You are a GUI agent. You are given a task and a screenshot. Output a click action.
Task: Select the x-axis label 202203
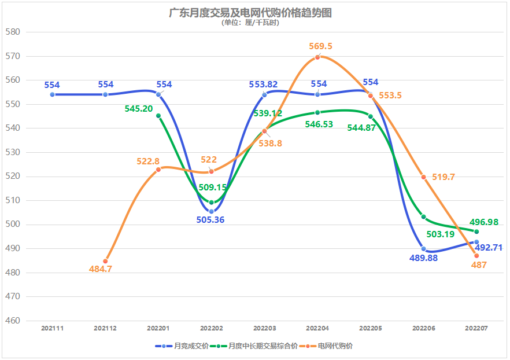click(264, 328)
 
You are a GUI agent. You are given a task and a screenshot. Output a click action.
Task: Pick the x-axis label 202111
click(52, 328)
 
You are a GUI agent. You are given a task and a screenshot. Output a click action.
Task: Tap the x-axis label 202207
click(476, 328)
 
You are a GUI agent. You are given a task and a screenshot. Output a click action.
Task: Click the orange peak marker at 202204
click(317, 57)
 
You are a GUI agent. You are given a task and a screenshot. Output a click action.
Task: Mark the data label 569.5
click(321, 46)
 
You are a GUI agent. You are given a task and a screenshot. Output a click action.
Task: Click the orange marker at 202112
click(105, 261)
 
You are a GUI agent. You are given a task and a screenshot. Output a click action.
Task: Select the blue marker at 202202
click(211, 211)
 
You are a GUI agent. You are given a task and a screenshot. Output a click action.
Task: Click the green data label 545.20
click(139, 108)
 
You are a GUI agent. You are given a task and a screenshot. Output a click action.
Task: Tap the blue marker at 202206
click(424, 249)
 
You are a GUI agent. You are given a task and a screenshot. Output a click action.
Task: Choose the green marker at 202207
click(476, 232)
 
